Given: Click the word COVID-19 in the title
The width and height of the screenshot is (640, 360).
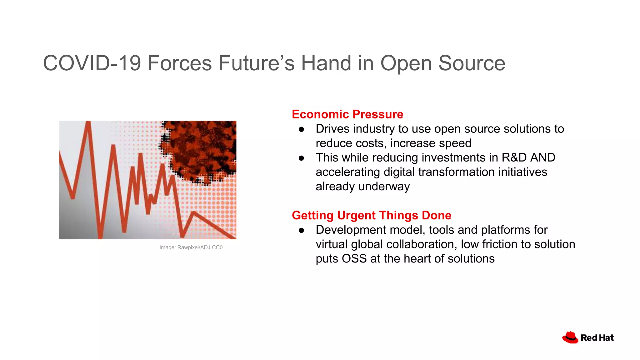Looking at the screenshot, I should coord(92,63).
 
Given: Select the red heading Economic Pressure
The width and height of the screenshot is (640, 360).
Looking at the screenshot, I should coord(347,114).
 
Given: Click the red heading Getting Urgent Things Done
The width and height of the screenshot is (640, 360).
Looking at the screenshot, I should coord(371,215).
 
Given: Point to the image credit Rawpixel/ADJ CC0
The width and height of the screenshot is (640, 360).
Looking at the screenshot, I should coord(191,247).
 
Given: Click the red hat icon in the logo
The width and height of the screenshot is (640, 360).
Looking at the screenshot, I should coord(570,337).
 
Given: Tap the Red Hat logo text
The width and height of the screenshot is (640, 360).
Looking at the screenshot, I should coord(597,338).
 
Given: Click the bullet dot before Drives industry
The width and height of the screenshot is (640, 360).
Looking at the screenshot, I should coord(301,129).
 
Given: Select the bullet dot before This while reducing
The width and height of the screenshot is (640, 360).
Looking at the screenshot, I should coord(301,158).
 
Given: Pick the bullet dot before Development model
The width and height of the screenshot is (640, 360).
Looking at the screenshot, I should coord(301,230).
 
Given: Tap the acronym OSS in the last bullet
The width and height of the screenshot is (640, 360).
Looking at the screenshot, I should coord(354,259).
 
